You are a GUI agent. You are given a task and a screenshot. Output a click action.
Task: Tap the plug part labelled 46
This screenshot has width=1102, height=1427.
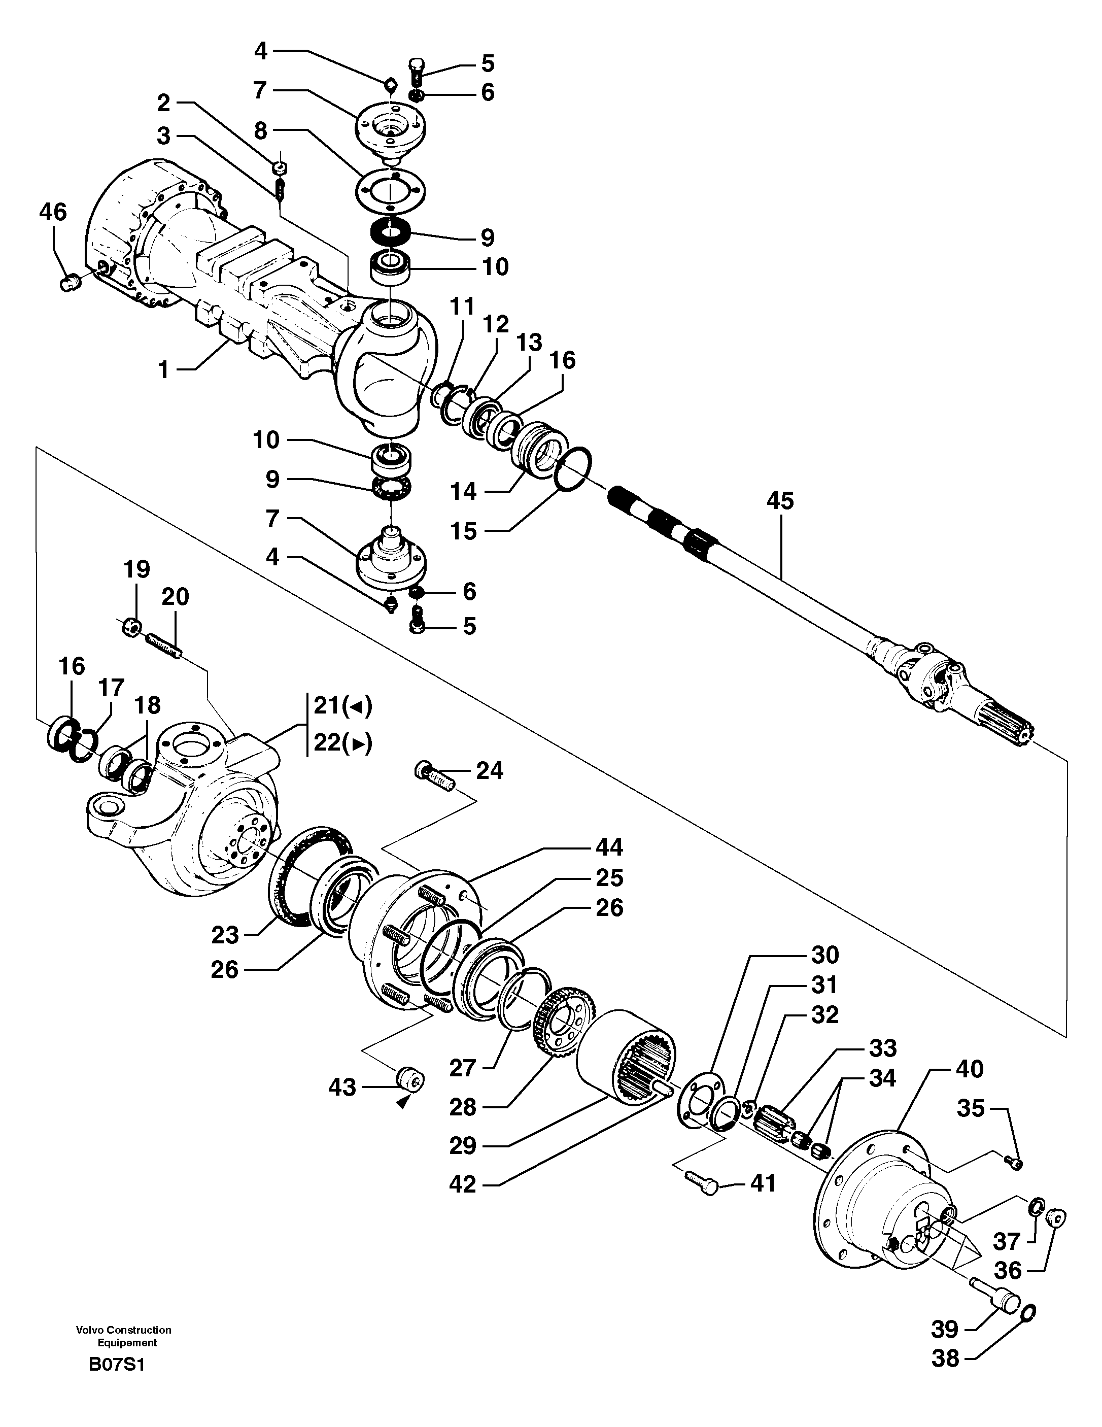coord(68,284)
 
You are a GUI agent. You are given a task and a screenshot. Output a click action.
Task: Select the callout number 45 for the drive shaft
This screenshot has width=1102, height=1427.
coord(779,501)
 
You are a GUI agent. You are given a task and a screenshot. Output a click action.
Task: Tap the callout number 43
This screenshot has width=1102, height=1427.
coord(341,1088)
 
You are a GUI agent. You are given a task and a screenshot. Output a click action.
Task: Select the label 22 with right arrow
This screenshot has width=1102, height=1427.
coord(342,743)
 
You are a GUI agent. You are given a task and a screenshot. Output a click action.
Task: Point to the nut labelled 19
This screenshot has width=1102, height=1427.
coord(130,628)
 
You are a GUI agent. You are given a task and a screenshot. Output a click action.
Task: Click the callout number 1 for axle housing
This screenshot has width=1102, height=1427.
coord(164,370)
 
